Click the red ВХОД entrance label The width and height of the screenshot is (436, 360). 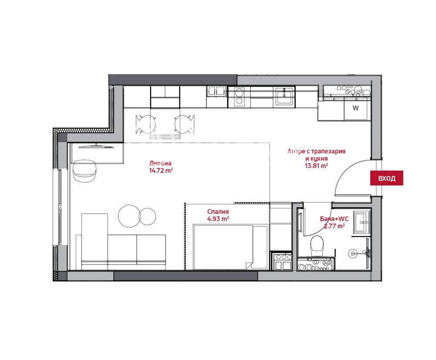(x=386, y=178)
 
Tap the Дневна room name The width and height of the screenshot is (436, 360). (x=160, y=163)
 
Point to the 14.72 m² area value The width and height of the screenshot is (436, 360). (x=161, y=170)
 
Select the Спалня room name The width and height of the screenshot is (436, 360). (x=218, y=212)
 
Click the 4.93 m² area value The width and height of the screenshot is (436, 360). (x=218, y=219)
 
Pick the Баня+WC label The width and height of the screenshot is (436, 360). (x=334, y=219)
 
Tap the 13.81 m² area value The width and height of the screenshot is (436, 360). (x=316, y=166)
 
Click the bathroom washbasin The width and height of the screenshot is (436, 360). (x=361, y=222)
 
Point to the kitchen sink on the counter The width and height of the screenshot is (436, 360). (x=284, y=96)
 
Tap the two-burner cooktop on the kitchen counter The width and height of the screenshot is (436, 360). (x=239, y=96)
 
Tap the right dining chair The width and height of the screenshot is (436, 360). (x=184, y=124)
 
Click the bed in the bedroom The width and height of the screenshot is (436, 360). (x=231, y=247)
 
